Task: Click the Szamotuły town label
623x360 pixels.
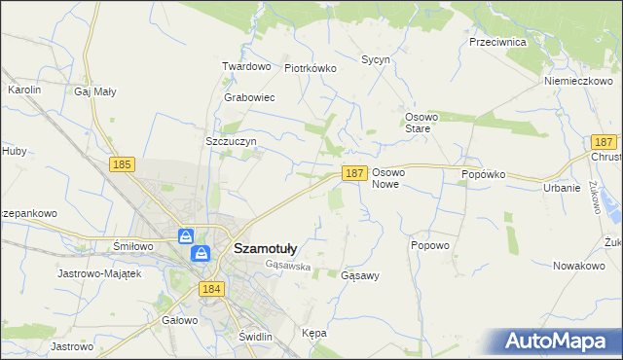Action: point(266,248)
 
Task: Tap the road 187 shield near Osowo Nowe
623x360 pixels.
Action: point(353,173)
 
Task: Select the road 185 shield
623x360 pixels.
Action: point(122,165)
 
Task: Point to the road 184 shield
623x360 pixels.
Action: point(211,289)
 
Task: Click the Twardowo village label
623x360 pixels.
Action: point(245,66)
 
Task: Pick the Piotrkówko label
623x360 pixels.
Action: point(310,68)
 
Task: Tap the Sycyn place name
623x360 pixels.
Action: point(376,59)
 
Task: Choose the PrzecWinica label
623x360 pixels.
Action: point(497,43)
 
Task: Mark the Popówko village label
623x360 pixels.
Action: point(484,174)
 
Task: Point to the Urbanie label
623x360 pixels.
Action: point(562,188)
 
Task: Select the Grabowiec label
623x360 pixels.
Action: point(249,98)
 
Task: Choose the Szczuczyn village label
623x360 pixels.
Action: point(230,141)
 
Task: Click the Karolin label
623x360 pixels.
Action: point(24,90)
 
